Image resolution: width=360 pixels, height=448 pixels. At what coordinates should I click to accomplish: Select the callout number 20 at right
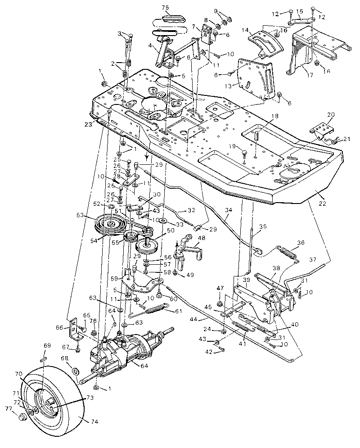(331, 114)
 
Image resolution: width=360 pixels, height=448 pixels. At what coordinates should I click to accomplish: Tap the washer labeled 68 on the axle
(75, 371)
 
